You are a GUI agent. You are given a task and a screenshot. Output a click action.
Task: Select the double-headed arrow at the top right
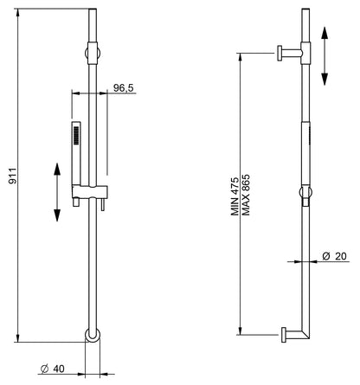click(325, 54)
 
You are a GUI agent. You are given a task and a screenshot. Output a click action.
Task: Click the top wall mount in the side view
click(289, 53)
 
